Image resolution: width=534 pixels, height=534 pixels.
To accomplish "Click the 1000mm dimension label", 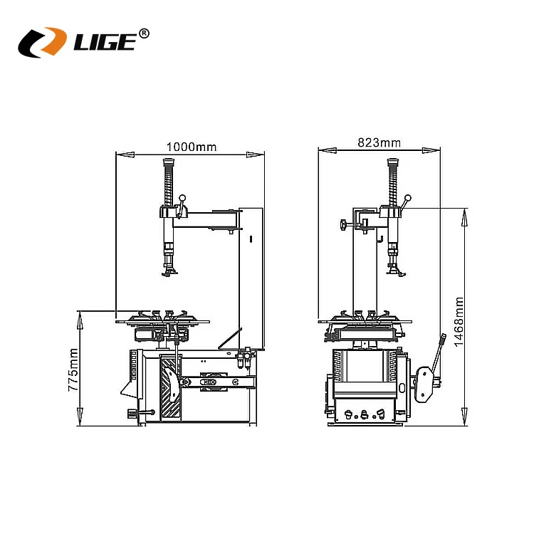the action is [191, 147].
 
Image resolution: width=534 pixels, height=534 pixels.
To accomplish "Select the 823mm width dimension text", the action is [379, 142].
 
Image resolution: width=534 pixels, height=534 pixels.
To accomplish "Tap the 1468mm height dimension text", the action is [459, 322].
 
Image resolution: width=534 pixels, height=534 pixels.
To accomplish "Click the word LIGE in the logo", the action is [103, 42].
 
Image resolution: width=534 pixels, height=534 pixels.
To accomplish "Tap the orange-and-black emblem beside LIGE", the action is [42, 42].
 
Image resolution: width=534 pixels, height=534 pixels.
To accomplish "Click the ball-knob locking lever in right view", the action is [407, 201].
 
